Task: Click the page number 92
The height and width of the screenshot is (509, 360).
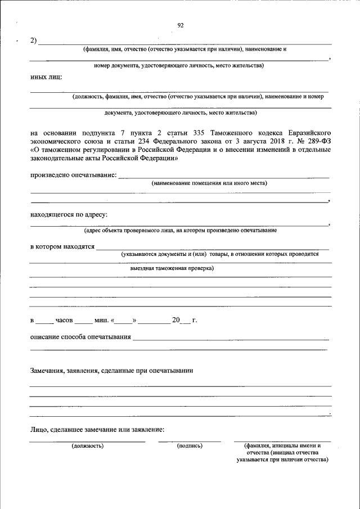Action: pos(181,25)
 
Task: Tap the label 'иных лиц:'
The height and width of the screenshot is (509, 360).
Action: pos(46,77)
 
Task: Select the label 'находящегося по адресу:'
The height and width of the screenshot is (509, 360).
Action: pos(69,214)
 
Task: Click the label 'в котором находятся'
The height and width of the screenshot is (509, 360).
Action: pos(62,246)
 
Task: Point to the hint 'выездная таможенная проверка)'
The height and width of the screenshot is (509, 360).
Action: pos(172,269)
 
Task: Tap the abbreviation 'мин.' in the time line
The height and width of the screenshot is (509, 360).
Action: pos(102,321)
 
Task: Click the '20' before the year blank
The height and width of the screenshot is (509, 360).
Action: pos(176,321)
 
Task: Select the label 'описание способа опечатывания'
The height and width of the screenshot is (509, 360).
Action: pos(80,337)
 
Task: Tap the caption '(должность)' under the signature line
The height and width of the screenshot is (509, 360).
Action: pos(87,445)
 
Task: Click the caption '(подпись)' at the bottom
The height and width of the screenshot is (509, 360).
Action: pos(190,445)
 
